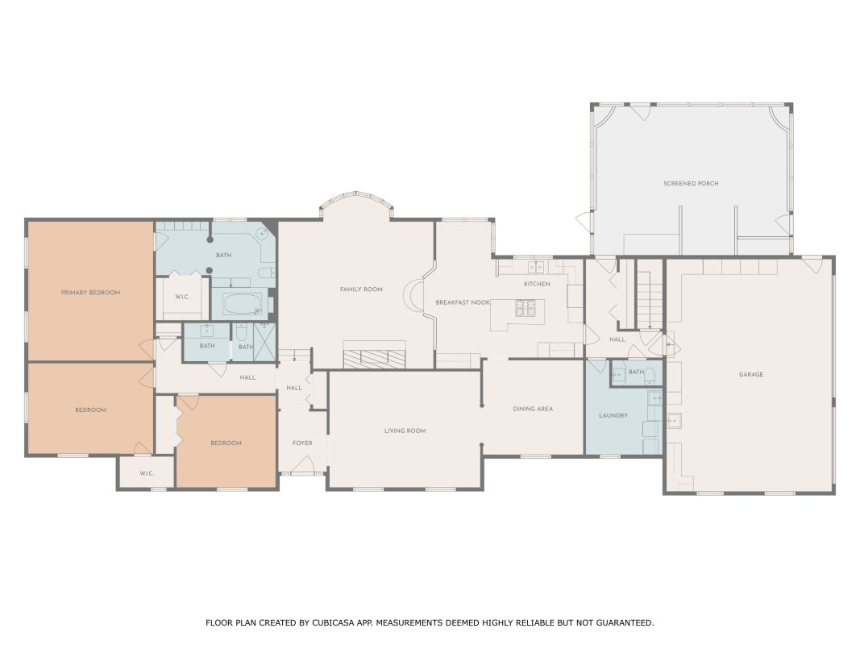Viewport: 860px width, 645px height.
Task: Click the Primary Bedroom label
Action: click(90, 293)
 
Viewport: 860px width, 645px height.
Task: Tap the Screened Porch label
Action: click(691, 184)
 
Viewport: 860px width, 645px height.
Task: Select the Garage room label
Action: click(751, 375)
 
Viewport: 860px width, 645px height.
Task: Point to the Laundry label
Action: click(613, 416)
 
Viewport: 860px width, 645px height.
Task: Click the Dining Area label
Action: click(533, 409)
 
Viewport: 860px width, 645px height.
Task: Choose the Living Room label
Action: click(405, 431)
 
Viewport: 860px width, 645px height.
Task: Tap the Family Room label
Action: click(361, 289)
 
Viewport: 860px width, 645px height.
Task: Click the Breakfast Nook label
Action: click(463, 303)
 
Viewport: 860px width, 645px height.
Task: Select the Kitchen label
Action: click(537, 284)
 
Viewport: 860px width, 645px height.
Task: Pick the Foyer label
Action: click(302, 443)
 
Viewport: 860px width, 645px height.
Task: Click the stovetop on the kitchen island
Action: click(525, 308)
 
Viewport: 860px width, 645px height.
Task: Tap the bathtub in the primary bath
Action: click(243, 305)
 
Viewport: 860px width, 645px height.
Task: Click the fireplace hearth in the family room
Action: click(375, 355)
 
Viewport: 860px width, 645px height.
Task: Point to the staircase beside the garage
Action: click(650, 294)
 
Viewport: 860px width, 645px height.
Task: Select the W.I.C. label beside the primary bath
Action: click(182, 298)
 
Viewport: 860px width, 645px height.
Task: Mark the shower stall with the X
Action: click(264, 342)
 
